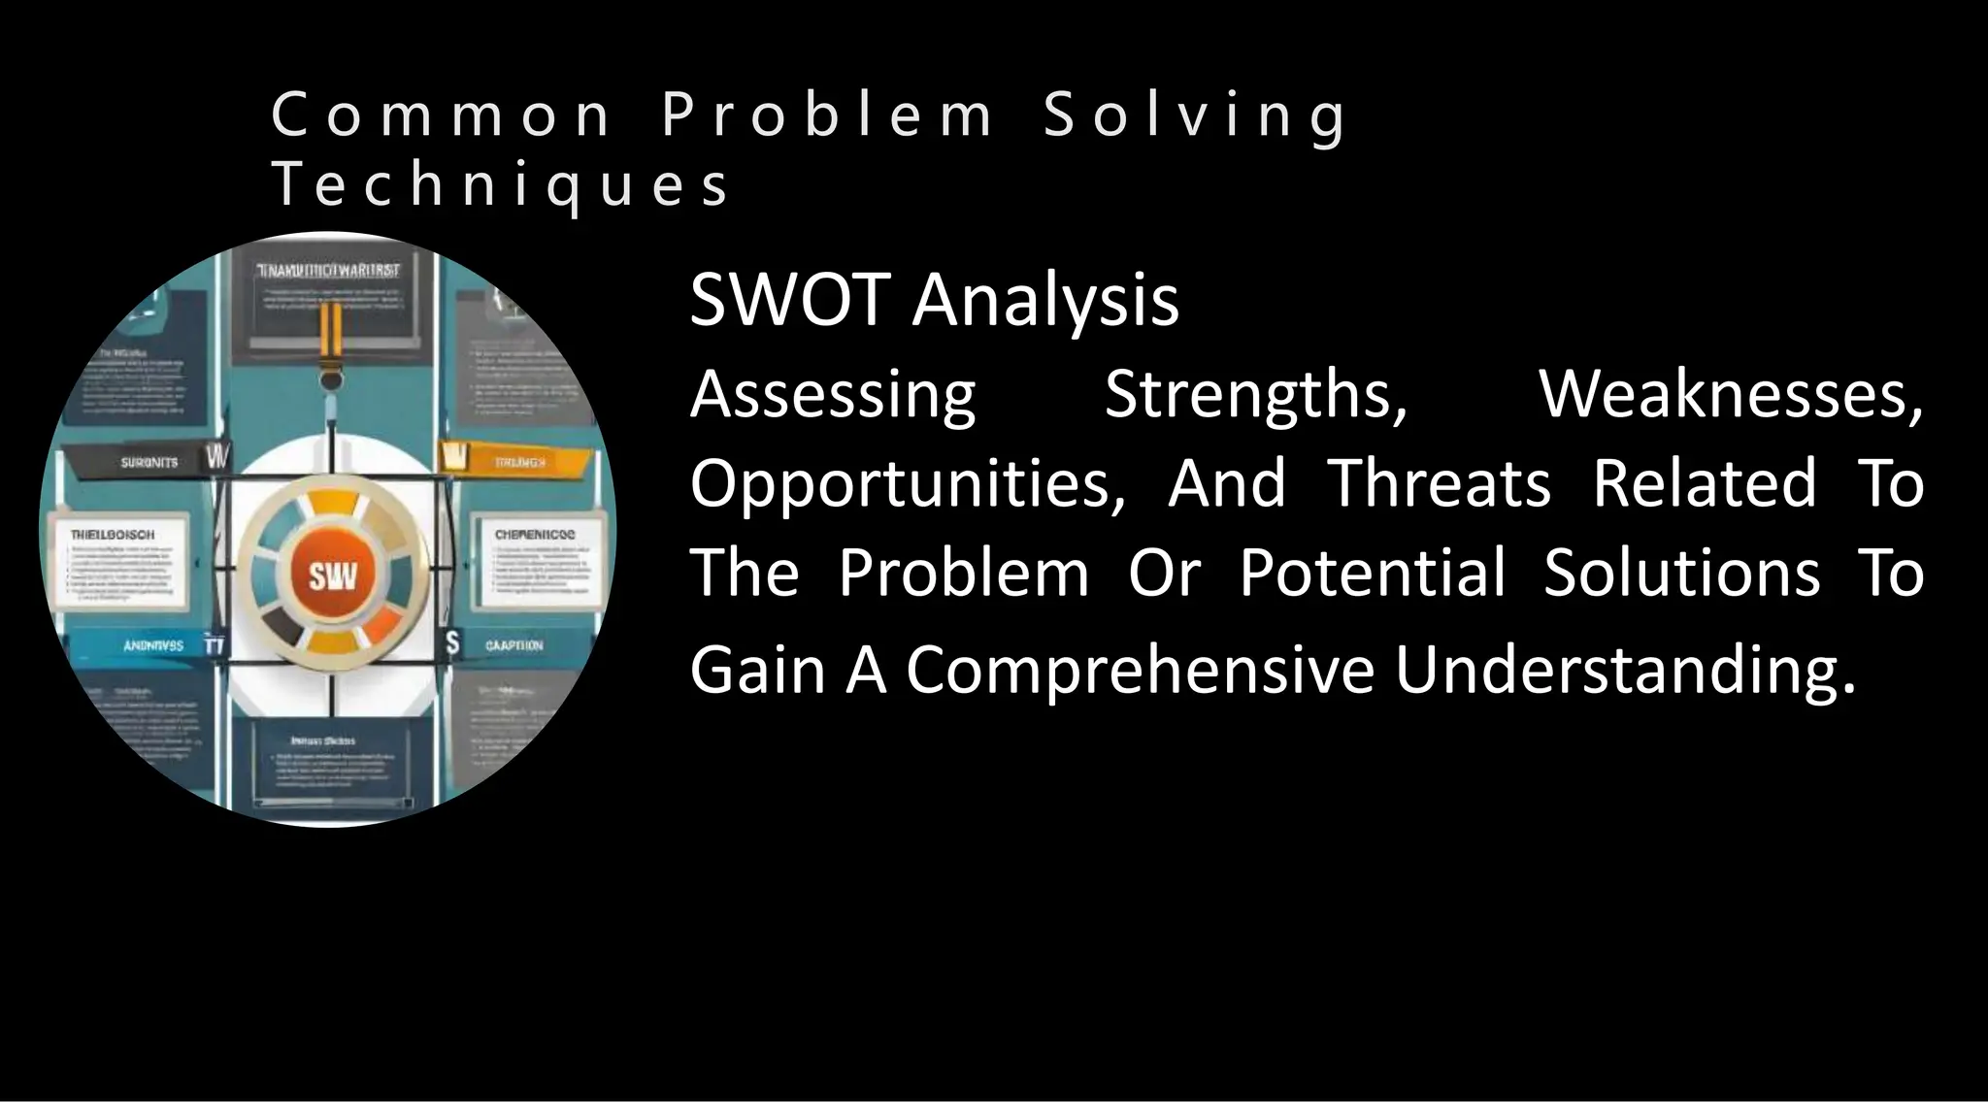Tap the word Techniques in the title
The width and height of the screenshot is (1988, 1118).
500,184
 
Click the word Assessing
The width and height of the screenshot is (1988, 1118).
832,395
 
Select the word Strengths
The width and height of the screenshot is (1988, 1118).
1255,395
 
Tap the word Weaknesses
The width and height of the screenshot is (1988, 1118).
1730,395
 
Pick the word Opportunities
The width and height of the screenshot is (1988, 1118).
907,483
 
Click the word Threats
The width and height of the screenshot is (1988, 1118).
1439,483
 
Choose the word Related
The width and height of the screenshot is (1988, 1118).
1705,483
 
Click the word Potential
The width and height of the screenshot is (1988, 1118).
1372,573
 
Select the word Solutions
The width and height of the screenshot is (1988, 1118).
1681,573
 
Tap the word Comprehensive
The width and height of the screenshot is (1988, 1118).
1140,670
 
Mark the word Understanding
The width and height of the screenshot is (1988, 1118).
1625,670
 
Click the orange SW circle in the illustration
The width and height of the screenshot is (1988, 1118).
333,576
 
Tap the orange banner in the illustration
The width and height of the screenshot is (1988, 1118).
514,461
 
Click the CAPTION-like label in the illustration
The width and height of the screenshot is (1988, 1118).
513,645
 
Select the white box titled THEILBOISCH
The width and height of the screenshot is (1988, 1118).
123,566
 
